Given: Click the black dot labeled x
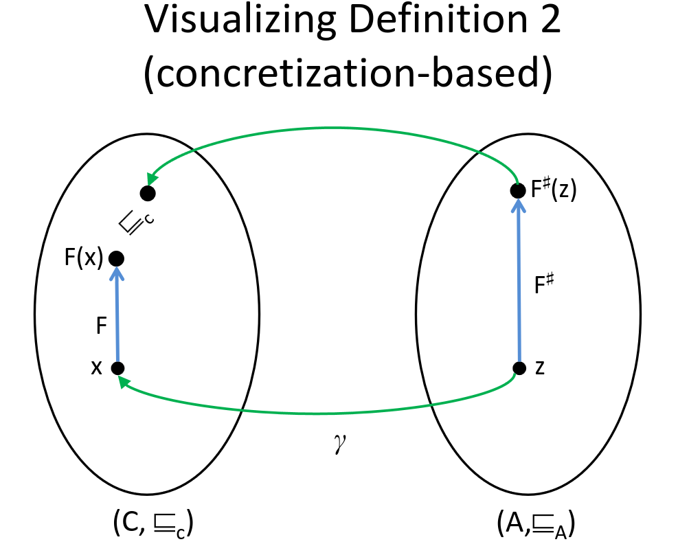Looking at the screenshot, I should coord(118,368).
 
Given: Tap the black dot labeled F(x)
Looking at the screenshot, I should coord(116,258).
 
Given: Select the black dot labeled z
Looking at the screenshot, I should coord(519,367).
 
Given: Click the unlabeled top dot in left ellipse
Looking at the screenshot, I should coord(146,193).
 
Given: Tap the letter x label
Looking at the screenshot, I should coord(96,368).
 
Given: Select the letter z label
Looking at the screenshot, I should coord(540,367).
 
